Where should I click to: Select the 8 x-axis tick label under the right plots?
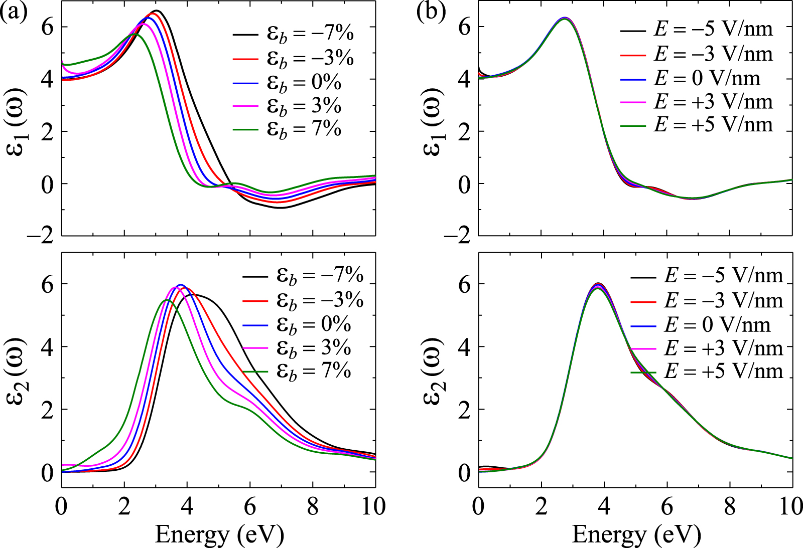[x=730, y=506]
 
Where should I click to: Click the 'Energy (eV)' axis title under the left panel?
[x=219, y=534]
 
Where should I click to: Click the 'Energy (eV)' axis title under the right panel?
[x=636, y=534]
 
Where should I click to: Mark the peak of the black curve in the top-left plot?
[x=157, y=11]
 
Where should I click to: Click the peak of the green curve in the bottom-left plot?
[x=167, y=300]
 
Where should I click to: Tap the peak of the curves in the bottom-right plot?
[x=598, y=285]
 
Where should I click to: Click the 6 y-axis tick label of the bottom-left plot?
[x=48, y=284]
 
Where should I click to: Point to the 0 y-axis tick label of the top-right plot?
[x=465, y=184]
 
